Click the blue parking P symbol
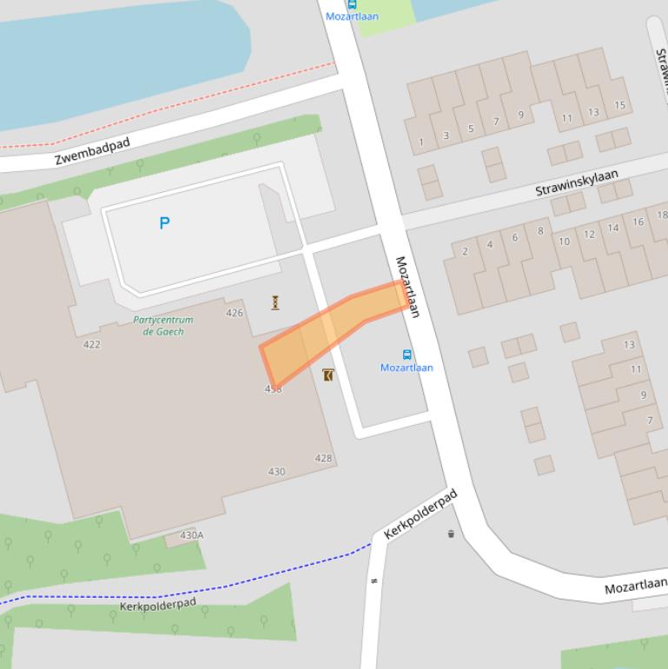tap(164, 223)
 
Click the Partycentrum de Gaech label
tap(163, 325)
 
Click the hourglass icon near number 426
tap(275, 302)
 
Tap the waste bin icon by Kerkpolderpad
tap(451, 533)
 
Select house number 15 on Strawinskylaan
tap(619, 106)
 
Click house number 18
tap(662, 215)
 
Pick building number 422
tap(91, 344)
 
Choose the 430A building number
tap(191, 535)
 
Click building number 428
tap(323, 458)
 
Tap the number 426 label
tap(235, 313)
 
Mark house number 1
tap(421, 142)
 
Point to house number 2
tap(465, 251)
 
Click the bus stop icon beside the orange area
tap(407, 354)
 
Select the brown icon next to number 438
tap(327, 375)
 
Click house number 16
tap(638, 222)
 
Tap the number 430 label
tap(276, 472)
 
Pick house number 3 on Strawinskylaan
tap(446, 136)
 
